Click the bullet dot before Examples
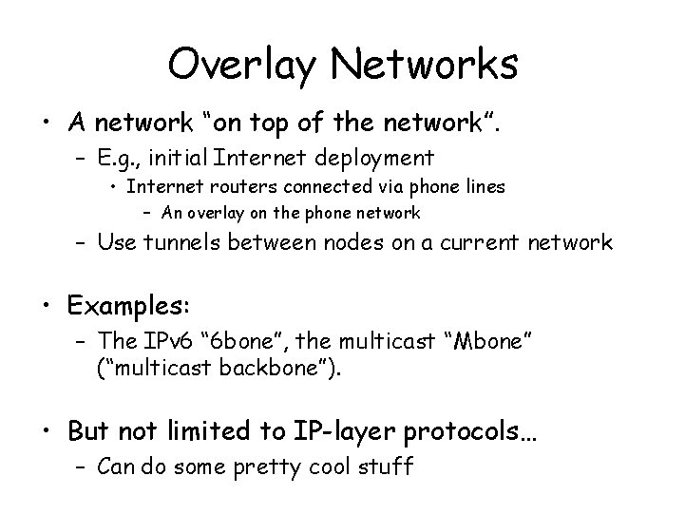point(48,307)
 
